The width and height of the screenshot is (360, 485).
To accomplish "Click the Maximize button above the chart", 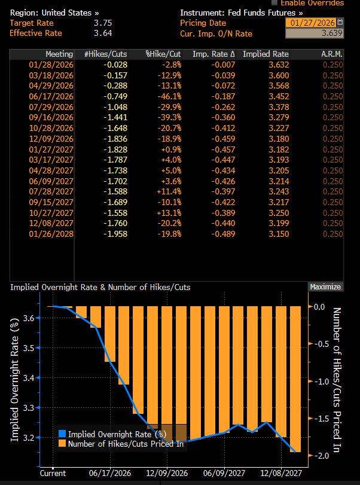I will coord(325,287).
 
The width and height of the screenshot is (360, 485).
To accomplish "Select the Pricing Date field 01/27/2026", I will coord(311,23).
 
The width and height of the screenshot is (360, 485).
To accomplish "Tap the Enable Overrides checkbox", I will coord(274,3).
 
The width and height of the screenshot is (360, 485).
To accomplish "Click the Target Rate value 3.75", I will coord(103,23).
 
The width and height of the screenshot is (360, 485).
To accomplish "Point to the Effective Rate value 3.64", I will coord(103,33).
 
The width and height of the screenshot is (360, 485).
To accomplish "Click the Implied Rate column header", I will coord(266,54).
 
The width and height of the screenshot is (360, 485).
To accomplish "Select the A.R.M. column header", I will coord(332,54).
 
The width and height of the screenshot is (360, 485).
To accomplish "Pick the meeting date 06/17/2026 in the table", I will coord(51,95).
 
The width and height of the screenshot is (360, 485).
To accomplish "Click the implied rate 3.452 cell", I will coord(278,95).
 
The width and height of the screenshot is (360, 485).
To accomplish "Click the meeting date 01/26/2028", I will coord(51,233).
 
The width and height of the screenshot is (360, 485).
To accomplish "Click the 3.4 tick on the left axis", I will coord(26,377).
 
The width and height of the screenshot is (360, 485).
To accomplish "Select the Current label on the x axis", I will coord(53,473).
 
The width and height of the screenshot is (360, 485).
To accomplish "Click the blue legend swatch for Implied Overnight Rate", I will coord(62,434).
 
